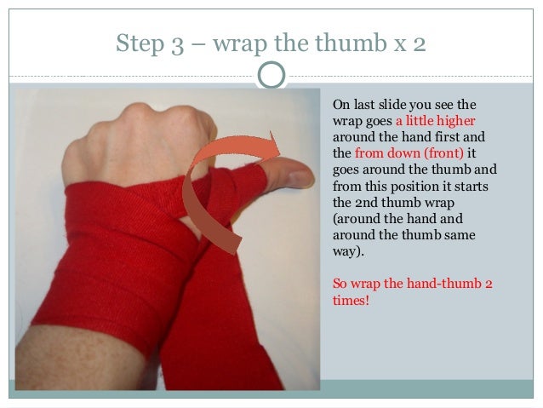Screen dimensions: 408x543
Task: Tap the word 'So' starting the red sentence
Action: click(x=340, y=284)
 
